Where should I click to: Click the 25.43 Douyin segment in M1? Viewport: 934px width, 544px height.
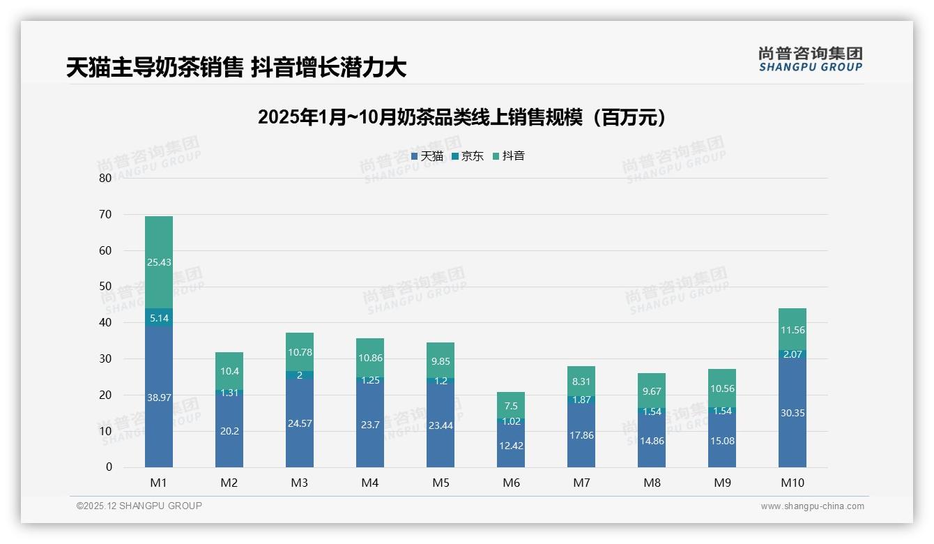coord(159,262)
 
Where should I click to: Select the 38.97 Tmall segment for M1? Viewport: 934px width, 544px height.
coord(159,397)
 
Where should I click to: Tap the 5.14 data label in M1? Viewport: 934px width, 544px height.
coord(159,318)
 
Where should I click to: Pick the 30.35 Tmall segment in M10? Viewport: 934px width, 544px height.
coord(793,412)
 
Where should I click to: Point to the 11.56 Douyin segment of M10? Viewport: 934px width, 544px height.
coord(793,329)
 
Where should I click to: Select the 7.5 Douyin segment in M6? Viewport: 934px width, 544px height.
coord(511,405)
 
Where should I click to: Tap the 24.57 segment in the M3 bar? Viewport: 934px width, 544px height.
coord(300,423)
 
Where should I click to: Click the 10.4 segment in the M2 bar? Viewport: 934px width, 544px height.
coord(229,371)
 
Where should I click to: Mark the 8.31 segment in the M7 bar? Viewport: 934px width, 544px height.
coord(581,381)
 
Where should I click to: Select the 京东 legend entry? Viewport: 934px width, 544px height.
coord(468,156)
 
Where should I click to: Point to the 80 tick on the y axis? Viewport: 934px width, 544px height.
coord(105,178)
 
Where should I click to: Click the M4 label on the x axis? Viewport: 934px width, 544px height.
coord(370,483)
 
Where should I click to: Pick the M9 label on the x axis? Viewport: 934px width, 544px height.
coord(722,483)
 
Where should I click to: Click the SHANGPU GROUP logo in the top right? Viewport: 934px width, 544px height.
coord(810,59)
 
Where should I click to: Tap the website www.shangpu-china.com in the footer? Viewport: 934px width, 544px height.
coord(812,506)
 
